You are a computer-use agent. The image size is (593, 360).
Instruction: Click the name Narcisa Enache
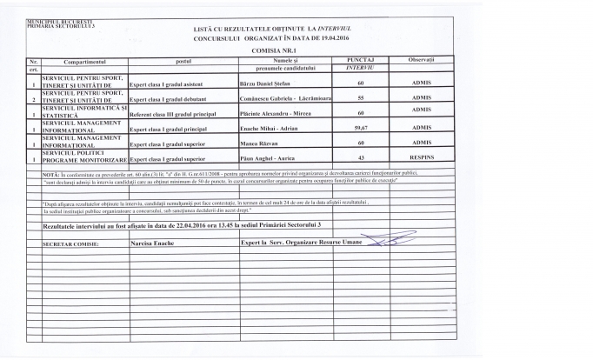(153, 244)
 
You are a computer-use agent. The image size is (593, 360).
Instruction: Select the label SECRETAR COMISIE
(70, 245)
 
